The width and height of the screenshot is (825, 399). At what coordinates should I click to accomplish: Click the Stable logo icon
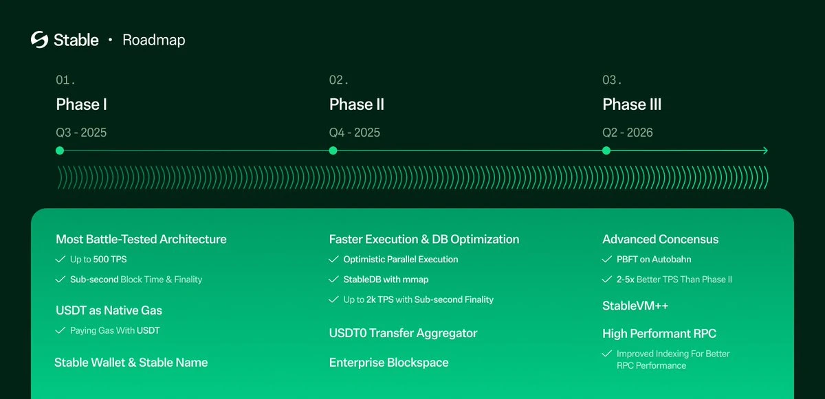[x=39, y=40]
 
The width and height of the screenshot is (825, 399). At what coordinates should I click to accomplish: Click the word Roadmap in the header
[x=153, y=41]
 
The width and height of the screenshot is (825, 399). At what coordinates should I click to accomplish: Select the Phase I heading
[x=81, y=104]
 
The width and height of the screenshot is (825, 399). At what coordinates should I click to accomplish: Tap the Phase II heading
[x=356, y=104]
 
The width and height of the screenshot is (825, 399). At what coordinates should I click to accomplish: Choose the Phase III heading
[x=632, y=104]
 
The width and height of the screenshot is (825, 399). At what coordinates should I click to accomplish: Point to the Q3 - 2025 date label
[x=81, y=133]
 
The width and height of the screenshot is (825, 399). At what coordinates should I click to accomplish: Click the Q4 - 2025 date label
[x=355, y=133]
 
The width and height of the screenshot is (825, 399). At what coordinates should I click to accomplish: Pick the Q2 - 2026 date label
[x=628, y=133]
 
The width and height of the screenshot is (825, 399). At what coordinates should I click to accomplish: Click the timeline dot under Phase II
[x=333, y=151]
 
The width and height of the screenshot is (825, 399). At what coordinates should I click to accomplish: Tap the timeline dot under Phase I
[x=60, y=151]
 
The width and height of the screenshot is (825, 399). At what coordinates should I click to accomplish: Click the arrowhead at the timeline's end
[x=764, y=151]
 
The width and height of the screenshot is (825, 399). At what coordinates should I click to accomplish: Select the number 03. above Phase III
[x=612, y=80]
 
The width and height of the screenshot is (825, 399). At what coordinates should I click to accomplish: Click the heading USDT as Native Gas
[x=109, y=310]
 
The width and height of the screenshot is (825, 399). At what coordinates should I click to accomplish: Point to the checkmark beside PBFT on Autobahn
[x=606, y=260]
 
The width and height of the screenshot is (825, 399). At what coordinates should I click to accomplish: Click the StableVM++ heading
[x=635, y=306]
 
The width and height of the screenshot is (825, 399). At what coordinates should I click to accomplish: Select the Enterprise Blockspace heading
[x=388, y=363]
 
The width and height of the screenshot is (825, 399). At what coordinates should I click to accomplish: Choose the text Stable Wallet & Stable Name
[x=131, y=363]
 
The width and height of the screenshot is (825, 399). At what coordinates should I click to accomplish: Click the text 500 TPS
[x=110, y=260]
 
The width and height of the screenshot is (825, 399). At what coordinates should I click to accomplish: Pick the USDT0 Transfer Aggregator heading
[x=403, y=333]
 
